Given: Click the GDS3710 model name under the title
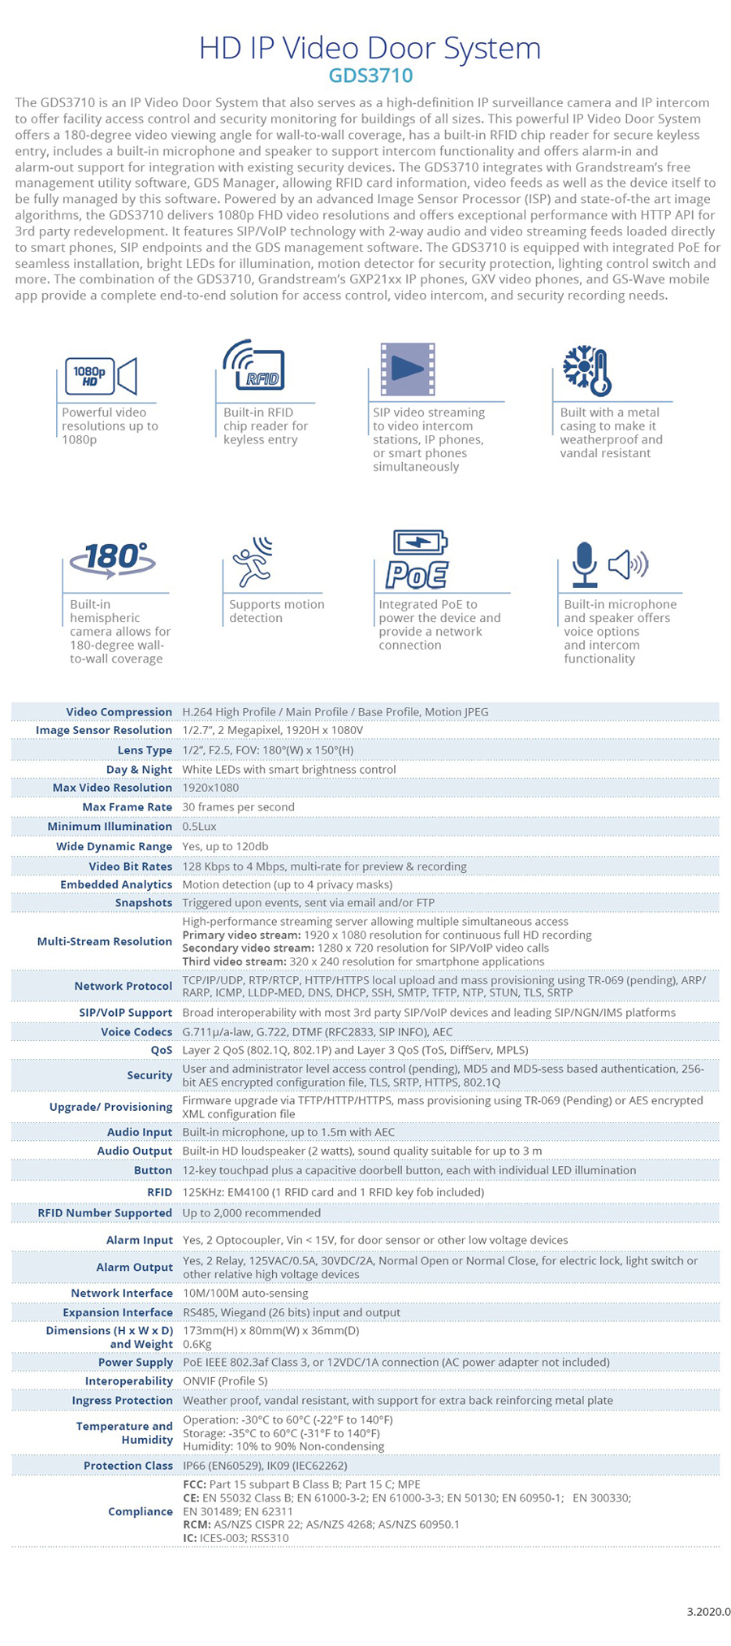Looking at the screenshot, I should point(370,76).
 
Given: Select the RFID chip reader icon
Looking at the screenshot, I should point(254,366).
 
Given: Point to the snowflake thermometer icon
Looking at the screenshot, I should point(586,370).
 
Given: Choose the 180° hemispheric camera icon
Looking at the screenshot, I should point(113,559).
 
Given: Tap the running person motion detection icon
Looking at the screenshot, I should point(252,561).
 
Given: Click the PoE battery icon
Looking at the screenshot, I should point(417,559).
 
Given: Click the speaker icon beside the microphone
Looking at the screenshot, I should point(629,564).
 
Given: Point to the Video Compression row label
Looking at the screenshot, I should point(119,712).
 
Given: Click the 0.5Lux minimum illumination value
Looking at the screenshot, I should point(199,827).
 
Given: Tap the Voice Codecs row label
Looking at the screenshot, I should point(136,1032).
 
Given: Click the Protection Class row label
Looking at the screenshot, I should point(128,1466).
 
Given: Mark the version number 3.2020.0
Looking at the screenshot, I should point(708,1612).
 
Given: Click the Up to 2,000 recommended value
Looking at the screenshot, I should point(251,1212).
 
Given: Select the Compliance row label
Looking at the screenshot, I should point(141,1511).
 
